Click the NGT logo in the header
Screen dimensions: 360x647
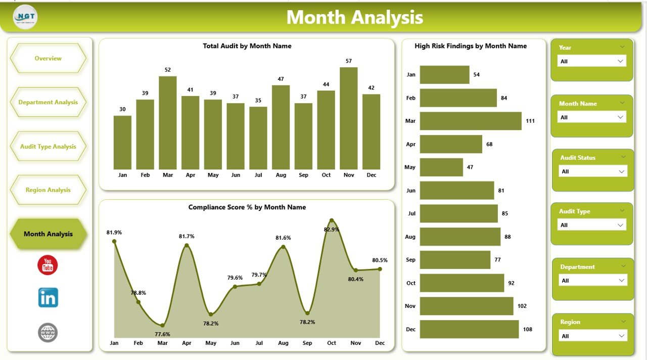tap(25, 17)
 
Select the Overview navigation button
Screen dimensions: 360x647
tap(48, 58)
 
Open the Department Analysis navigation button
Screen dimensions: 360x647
tap(48, 102)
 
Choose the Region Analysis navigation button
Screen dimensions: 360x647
tap(48, 190)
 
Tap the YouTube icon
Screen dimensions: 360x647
tap(48, 265)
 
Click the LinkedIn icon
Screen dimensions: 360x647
tap(48, 298)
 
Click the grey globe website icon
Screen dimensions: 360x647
tap(48, 333)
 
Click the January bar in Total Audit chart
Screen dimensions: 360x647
tap(122, 143)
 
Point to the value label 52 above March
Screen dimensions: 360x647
tap(168, 70)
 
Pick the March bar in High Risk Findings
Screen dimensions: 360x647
tap(470, 121)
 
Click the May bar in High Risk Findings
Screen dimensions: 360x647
tap(441, 167)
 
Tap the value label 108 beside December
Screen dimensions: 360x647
tap(528, 329)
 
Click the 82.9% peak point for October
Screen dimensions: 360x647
tap(332, 220)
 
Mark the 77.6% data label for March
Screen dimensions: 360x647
tap(163, 334)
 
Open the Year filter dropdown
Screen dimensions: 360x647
tap(591, 61)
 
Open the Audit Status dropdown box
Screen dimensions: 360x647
tap(593, 171)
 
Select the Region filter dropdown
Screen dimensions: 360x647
tap(593, 336)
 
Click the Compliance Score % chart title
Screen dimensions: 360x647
tap(247, 207)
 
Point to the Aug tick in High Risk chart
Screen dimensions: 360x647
tap(410, 237)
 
